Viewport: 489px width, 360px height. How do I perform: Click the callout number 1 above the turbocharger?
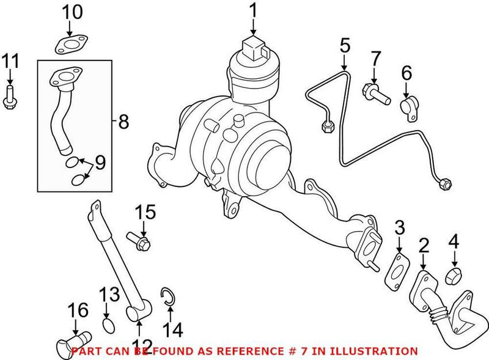click(x=254, y=11)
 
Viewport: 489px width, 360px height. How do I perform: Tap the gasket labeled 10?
click(x=71, y=44)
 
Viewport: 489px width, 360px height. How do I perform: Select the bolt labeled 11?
click(x=10, y=97)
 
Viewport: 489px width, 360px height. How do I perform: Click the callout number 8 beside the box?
click(x=123, y=122)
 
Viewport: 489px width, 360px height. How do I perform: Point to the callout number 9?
click(x=100, y=163)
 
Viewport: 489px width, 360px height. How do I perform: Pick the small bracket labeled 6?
click(x=409, y=108)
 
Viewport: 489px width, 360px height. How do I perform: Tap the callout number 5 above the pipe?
click(x=345, y=46)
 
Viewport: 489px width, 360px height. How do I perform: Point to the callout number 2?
click(x=423, y=245)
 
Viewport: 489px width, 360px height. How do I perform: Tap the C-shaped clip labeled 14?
click(x=168, y=295)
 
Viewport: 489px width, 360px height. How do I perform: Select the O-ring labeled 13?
click(x=109, y=326)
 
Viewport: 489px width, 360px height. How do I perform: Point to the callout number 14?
click(x=173, y=330)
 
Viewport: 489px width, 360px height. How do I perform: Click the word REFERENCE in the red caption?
click(x=249, y=351)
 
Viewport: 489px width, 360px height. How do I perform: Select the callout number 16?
click(x=78, y=310)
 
